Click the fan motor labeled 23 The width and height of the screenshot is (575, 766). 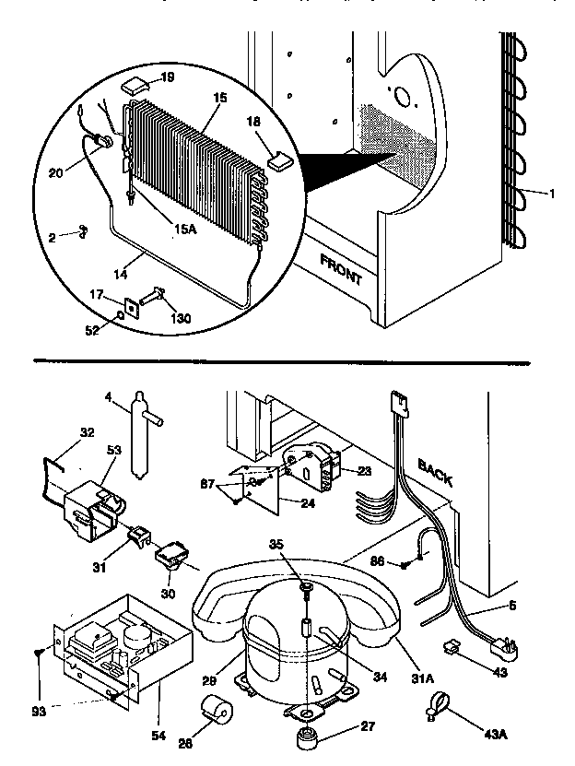tap(311, 460)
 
